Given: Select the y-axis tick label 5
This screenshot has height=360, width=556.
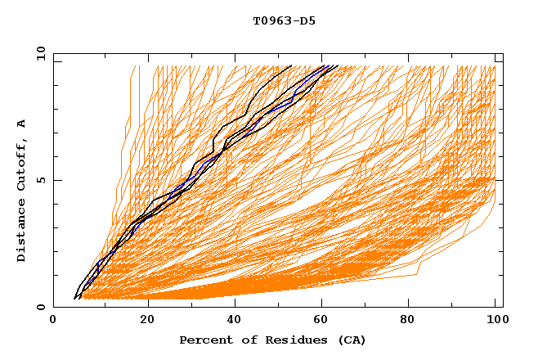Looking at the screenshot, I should coord(40,180).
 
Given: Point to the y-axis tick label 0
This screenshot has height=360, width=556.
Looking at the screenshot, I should coord(40,307).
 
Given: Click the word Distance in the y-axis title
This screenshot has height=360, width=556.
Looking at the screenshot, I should coord(22,232).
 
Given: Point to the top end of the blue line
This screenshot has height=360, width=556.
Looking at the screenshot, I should coord(325,65).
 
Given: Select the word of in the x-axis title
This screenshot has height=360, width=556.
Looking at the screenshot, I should coord(242,340).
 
